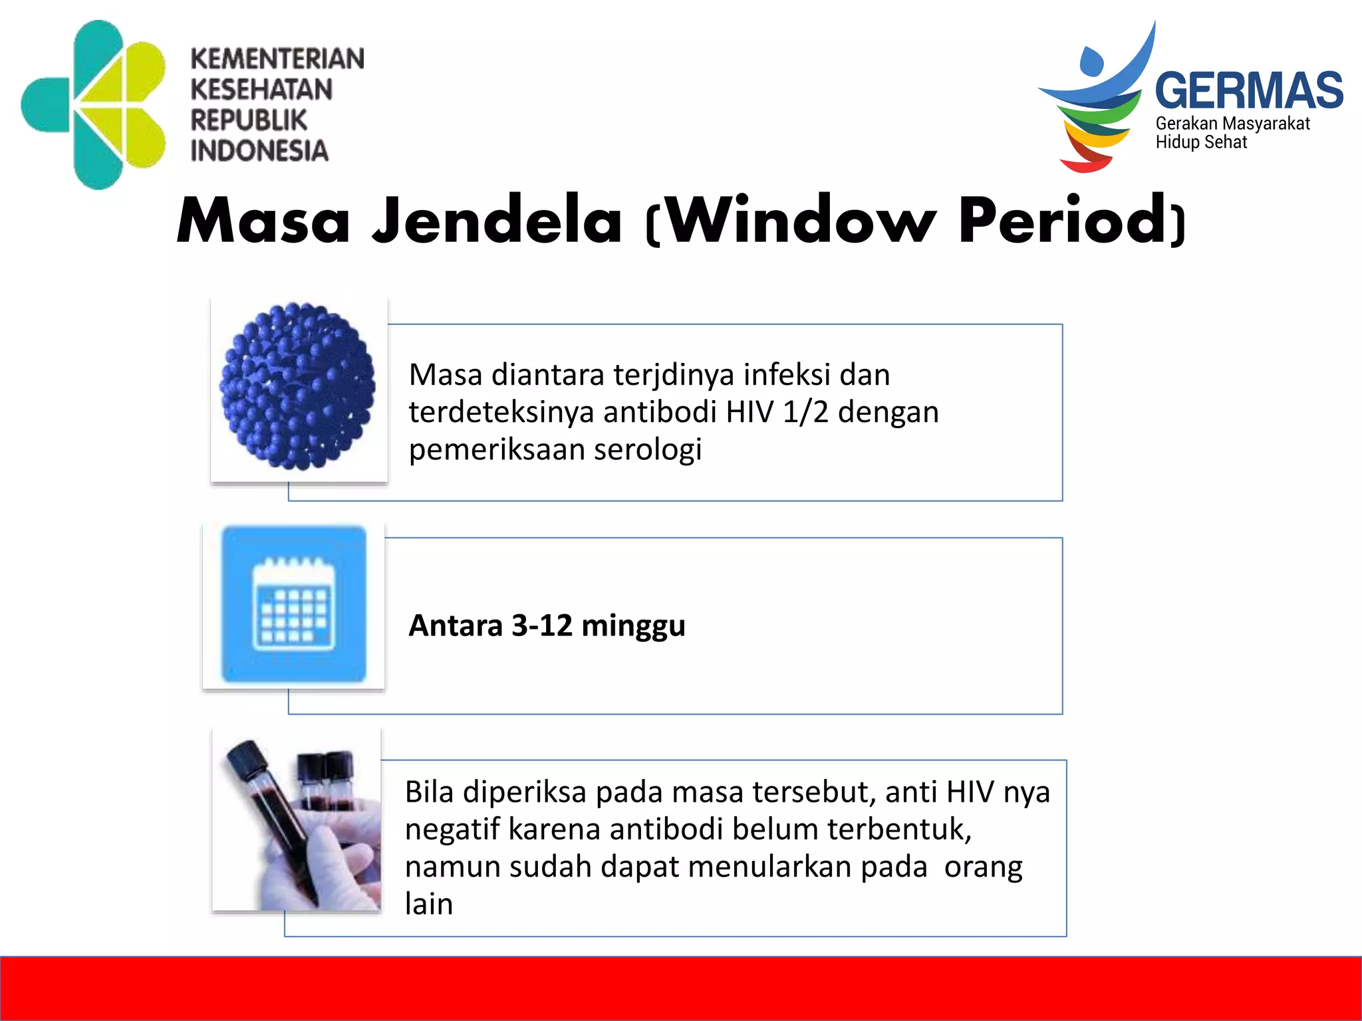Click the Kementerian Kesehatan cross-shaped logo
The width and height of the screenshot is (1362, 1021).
coord(93,104)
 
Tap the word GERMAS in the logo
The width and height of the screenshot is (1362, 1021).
coord(1248,91)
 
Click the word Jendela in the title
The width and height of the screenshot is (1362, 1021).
coord(497,221)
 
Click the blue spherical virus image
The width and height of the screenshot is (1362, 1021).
coord(298,386)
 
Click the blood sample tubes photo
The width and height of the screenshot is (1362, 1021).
coord(297,822)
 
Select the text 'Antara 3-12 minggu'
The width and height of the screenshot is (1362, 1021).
coord(547,625)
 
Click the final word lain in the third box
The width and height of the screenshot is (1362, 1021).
coord(429,904)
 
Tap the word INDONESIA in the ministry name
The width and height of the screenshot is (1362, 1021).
coord(259,151)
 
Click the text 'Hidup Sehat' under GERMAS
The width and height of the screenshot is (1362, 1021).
coord(1201,142)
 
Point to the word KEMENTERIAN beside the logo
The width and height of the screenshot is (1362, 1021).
coord(277,58)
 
